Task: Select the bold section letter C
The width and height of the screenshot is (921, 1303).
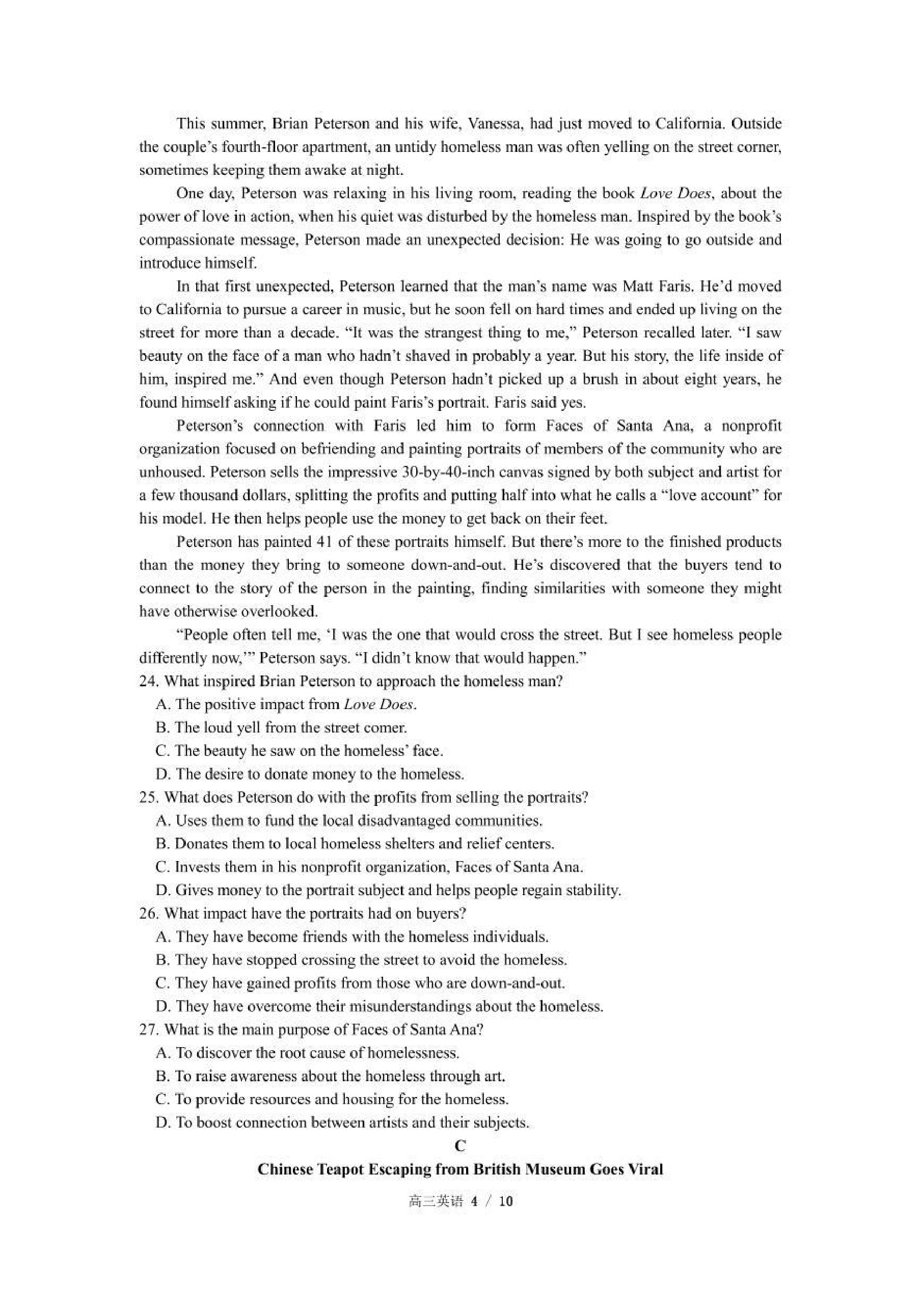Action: click(460, 1146)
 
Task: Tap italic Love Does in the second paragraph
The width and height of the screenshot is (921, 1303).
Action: click(674, 194)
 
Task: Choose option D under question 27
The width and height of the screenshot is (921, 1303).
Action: click(342, 1123)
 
